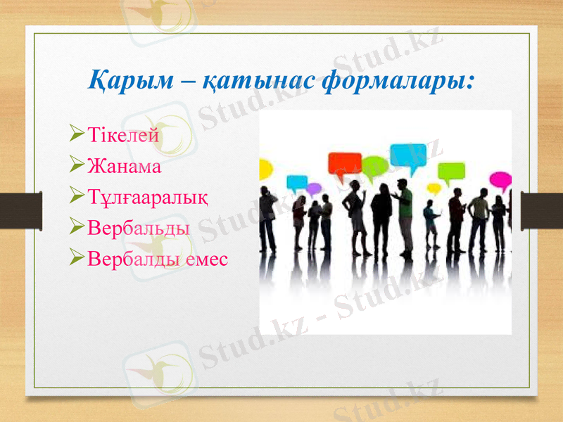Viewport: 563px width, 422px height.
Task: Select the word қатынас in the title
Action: tap(258, 80)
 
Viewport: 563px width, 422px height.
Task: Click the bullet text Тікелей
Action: tap(123, 134)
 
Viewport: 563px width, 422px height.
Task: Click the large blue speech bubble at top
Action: tap(407, 155)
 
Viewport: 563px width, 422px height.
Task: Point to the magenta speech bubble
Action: tap(500, 179)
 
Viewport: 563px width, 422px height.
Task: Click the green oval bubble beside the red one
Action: tap(374, 166)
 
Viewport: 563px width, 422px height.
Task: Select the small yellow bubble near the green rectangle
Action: tap(434, 188)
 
